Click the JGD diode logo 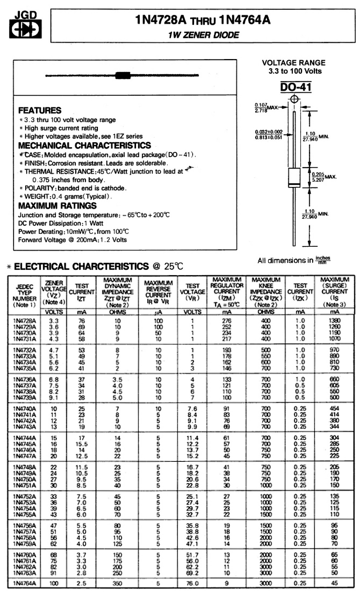pyautogui.click(x=25, y=25)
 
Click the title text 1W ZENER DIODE pyautogui.click(x=203, y=35)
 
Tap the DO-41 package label pyautogui.click(x=295, y=87)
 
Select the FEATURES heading pyautogui.click(x=40, y=110)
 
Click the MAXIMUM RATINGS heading pyautogui.click(x=57, y=206)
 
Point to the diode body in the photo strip pyautogui.click(x=123, y=75)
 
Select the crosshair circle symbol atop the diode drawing pyautogui.click(x=294, y=99)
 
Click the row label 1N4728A pyautogui.click(x=24, y=321)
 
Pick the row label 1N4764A pyautogui.click(x=24, y=584)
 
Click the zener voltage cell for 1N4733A pyautogui.click(x=54, y=356)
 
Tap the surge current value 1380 pyautogui.click(x=334, y=321)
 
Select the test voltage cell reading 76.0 pyautogui.click(x=192, y=584)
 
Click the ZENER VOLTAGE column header pyautogui.click(x=54, y=292)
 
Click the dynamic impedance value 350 pyautogui.click(x=117, y=584)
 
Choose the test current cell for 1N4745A pyautogui.click(x=82, y=444)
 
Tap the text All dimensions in pyautogui.click(x=285, y=260)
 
